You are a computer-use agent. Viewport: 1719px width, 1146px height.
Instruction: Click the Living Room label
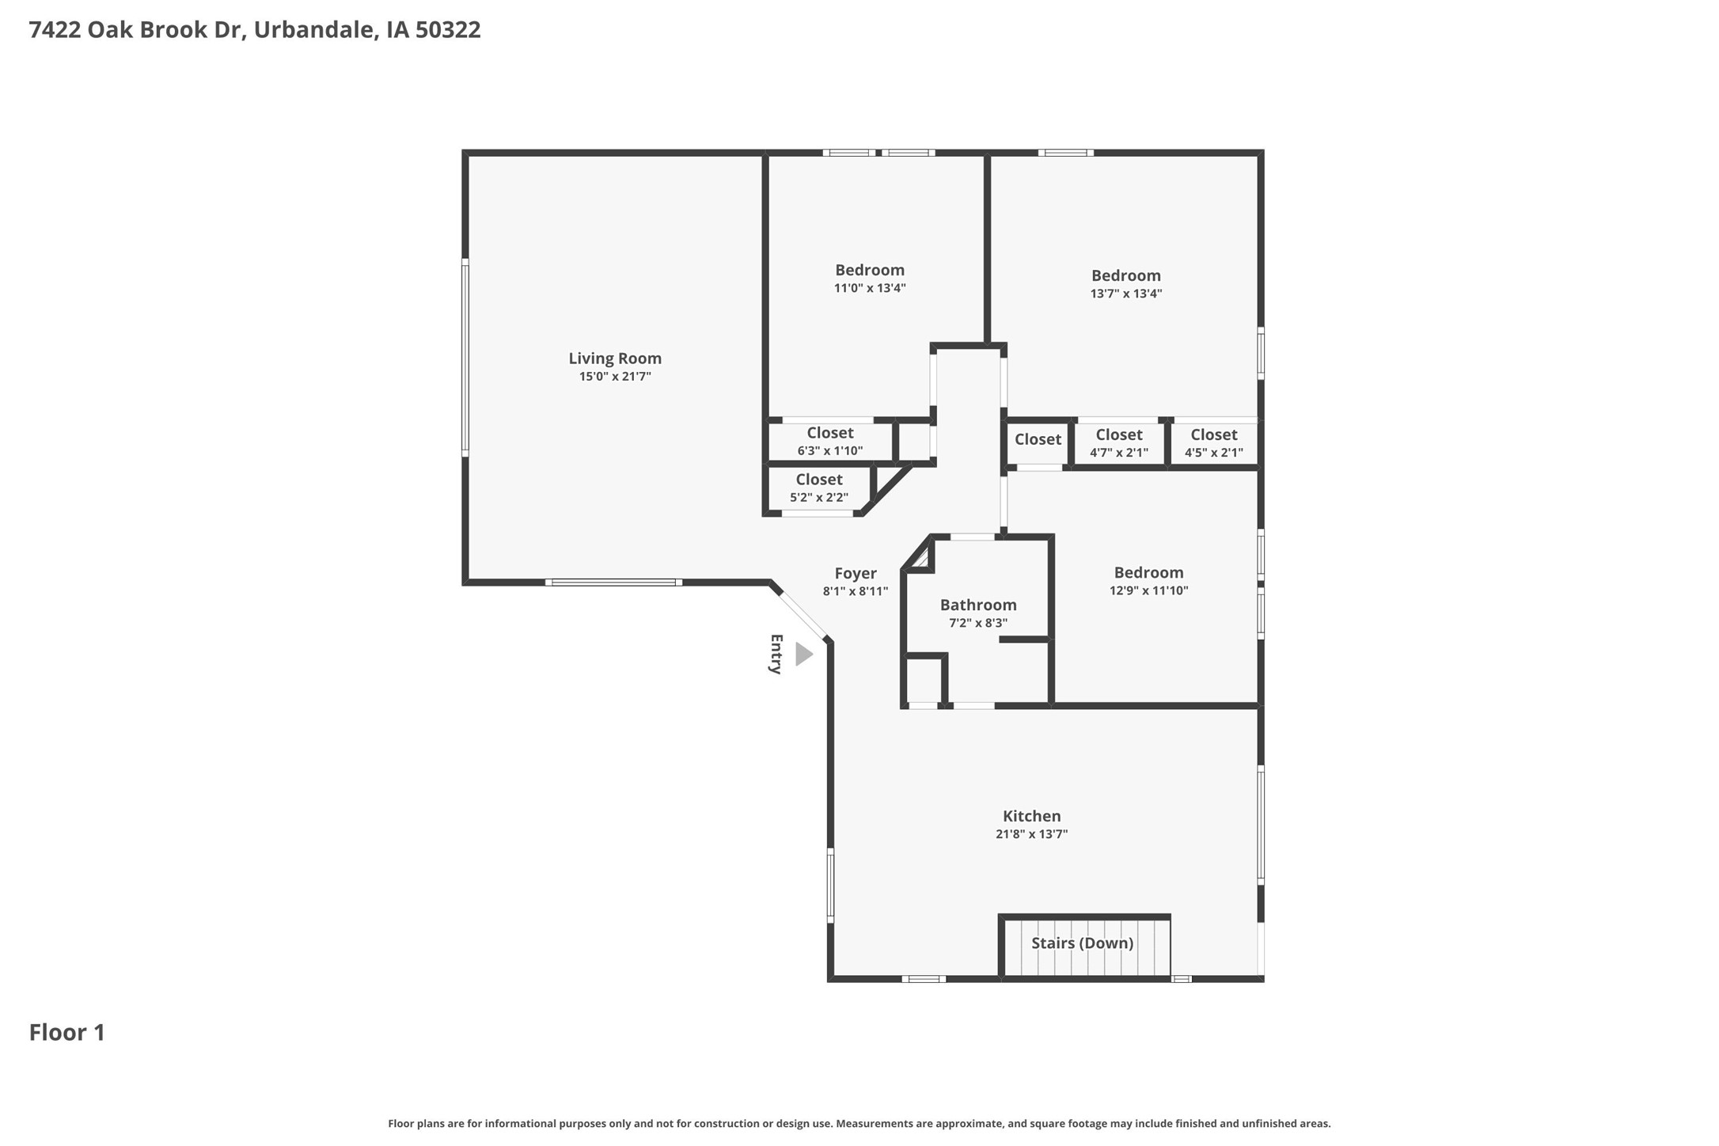[614, 359]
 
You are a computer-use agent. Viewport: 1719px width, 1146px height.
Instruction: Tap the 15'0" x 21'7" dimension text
[614, 377]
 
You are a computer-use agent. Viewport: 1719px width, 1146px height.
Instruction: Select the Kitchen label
[1031, 816]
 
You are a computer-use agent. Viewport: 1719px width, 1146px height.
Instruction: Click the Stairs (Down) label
[1082, 943]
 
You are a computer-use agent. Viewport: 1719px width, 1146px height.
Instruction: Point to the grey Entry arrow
[803, 655]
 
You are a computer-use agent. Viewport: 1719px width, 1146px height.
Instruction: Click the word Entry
[776, 654]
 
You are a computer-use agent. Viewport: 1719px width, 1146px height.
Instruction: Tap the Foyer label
[855, 573]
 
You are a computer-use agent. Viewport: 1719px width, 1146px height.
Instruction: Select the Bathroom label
[977, 605]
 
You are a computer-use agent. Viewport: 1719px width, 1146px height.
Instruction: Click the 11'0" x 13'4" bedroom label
[869, 288]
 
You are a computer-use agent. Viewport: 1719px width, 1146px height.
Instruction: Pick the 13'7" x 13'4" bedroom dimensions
[1125, 294]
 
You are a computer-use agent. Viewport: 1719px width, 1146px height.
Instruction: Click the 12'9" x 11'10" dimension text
[1148, 590]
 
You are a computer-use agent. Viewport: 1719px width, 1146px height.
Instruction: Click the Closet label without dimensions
[1038, 439]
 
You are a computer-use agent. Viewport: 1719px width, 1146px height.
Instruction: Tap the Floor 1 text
[67, 1033]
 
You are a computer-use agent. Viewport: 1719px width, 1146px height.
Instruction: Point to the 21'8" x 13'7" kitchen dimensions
[1031, 834]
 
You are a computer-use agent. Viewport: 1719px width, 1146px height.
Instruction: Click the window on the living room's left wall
[465, 358]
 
